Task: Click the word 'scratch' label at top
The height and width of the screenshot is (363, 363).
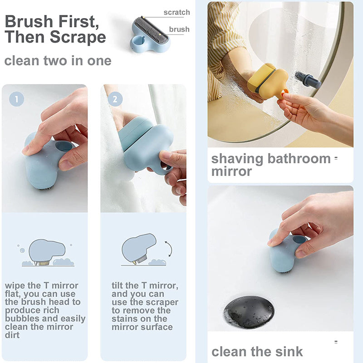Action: tap(177, 12)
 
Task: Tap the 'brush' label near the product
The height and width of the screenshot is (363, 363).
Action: tap(179, 29)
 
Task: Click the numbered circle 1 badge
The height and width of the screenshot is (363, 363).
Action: tap(16, 99)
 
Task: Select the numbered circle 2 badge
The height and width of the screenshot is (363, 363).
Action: tap(115, 99)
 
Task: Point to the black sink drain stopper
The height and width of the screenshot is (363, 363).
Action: tap(249, 312)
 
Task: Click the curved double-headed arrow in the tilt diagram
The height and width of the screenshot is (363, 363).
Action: tap(171, 249)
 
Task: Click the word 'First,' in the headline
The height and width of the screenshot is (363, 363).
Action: tap(78, 21)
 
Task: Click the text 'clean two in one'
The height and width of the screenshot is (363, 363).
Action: tap(58, 61)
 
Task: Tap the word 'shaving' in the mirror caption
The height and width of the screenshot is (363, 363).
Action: tap(237, 159)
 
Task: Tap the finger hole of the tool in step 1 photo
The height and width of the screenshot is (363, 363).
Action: tap(64, 146)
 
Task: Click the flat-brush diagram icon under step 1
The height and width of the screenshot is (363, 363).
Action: tap(47, 253)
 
